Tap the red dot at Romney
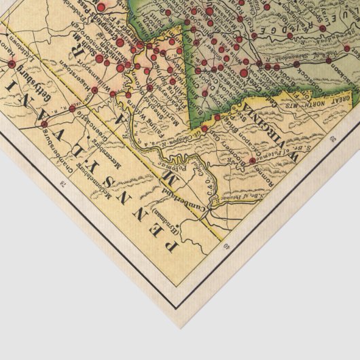coord(252,160)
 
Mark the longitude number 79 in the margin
coord(332,139)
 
